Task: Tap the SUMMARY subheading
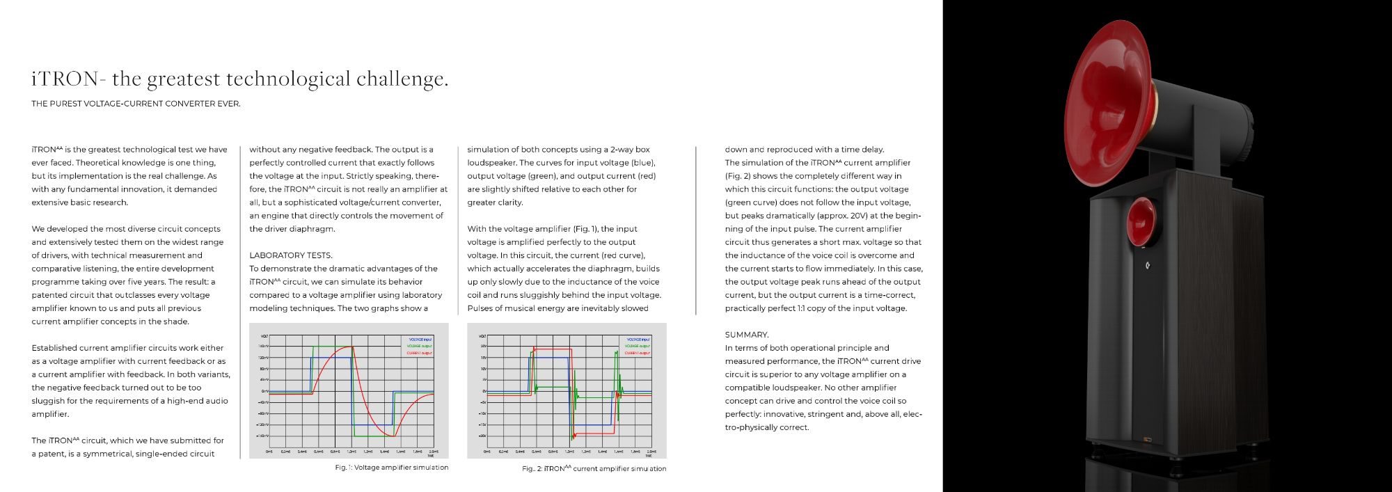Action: click(746, 335)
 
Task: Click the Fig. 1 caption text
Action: click(391, 468)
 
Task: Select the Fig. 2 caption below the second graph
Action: click(594, 469)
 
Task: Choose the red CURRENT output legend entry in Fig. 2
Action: click(638, 353)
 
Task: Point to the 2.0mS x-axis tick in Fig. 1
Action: click(434, 451)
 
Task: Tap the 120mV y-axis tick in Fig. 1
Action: click(264, 357)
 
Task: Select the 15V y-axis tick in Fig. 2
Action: click(483, 357)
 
